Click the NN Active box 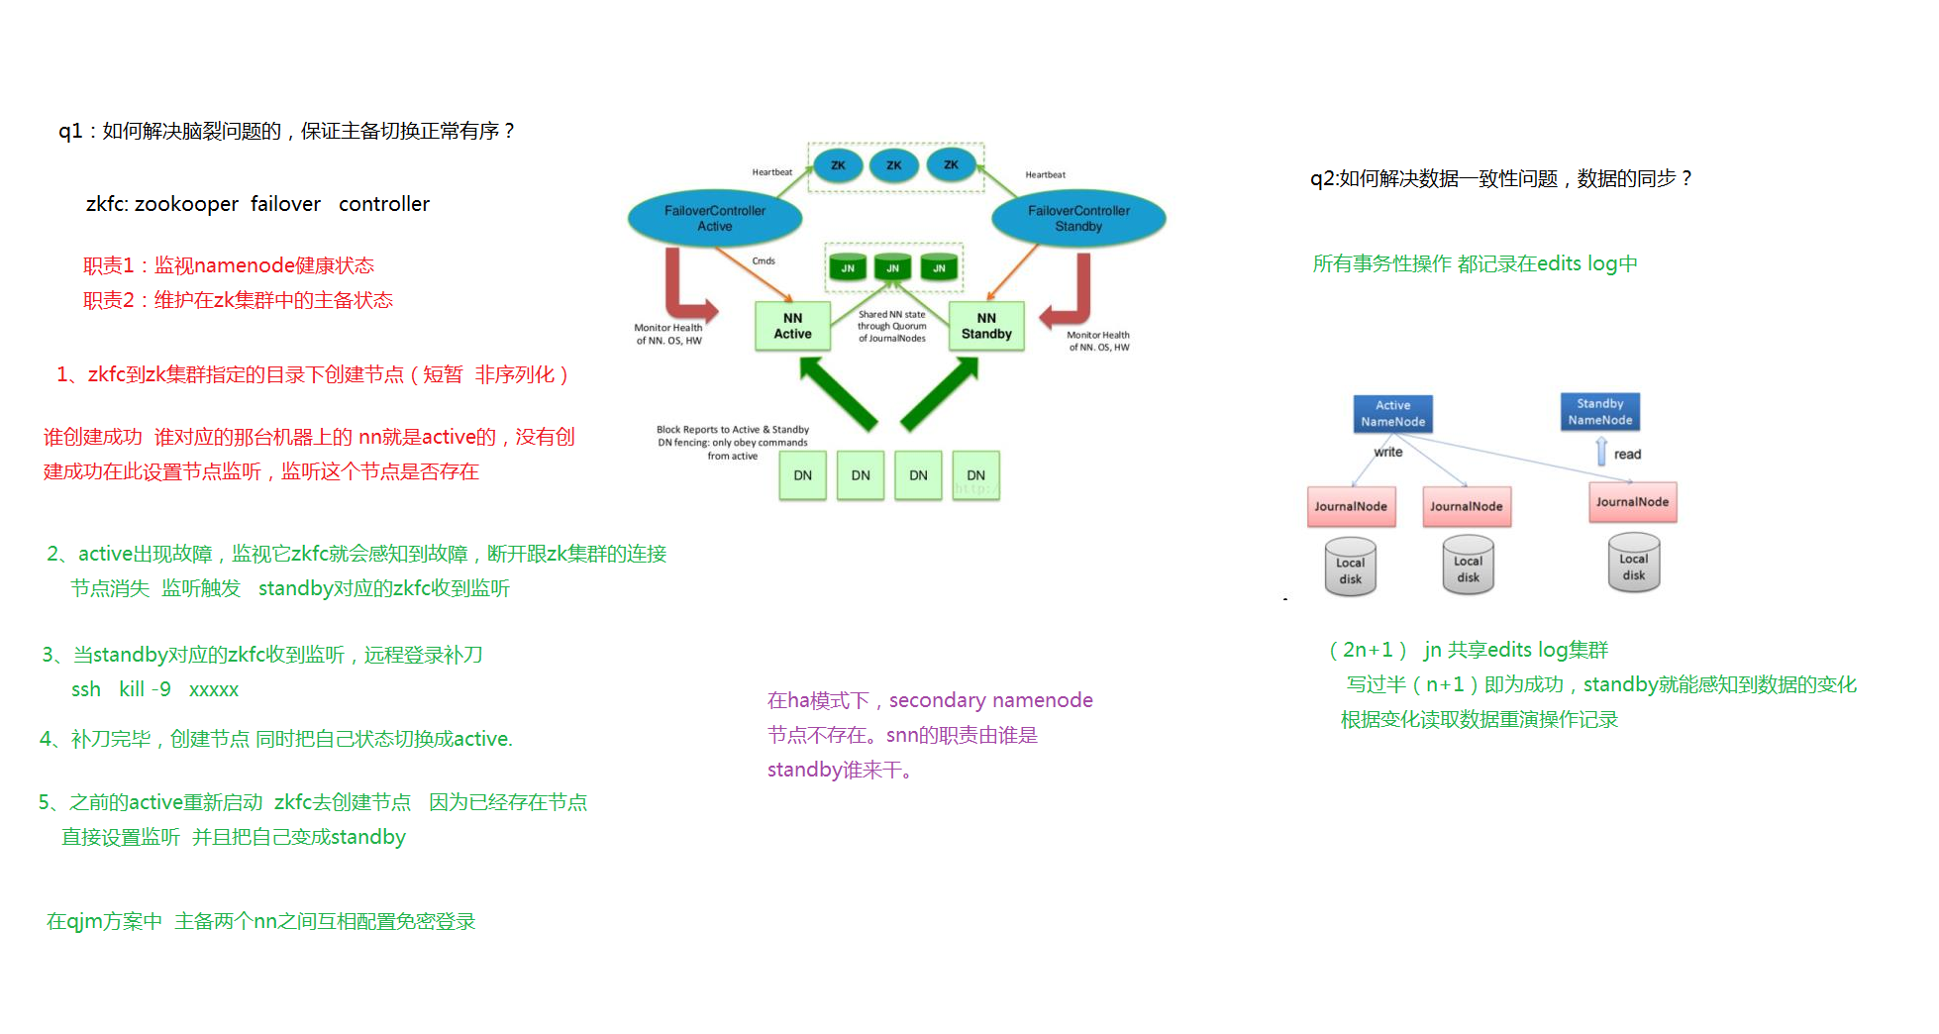pyautogui.click(x=792, y=326)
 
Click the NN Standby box pyautogui.click(x=986, y=326)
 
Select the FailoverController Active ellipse pyautogui.click(x=715, y=218)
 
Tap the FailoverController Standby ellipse pyautogui.click(x=1078, y=218)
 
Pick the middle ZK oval pyautogui.click(x=894, y=164)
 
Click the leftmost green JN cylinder pyautogui.click(x=848, y=266)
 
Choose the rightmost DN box pyautogui.click(x=976, y=475)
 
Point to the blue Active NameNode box pyautogui.click(x=1393, y=414)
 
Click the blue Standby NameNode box pyautogui.click(x=1600, y=412)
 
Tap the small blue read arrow pyautogui.click(x=1601, y=452)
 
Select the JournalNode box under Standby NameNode pyautogui.click(x=1632, y=502)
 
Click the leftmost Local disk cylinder pyautogui.click(x=1351, y=567)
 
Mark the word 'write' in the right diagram pyautogui.click(x=1388, y=452)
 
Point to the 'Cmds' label pyautogui.click(x=764, y=261)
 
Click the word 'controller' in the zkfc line pyautogui.click(x=384, y=204)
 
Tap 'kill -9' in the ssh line pyautogui.click(x=145, y=689)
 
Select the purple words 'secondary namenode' pyautogui.click(x=991, y=700)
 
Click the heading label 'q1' pyautogui.click(x=70, y=131)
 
